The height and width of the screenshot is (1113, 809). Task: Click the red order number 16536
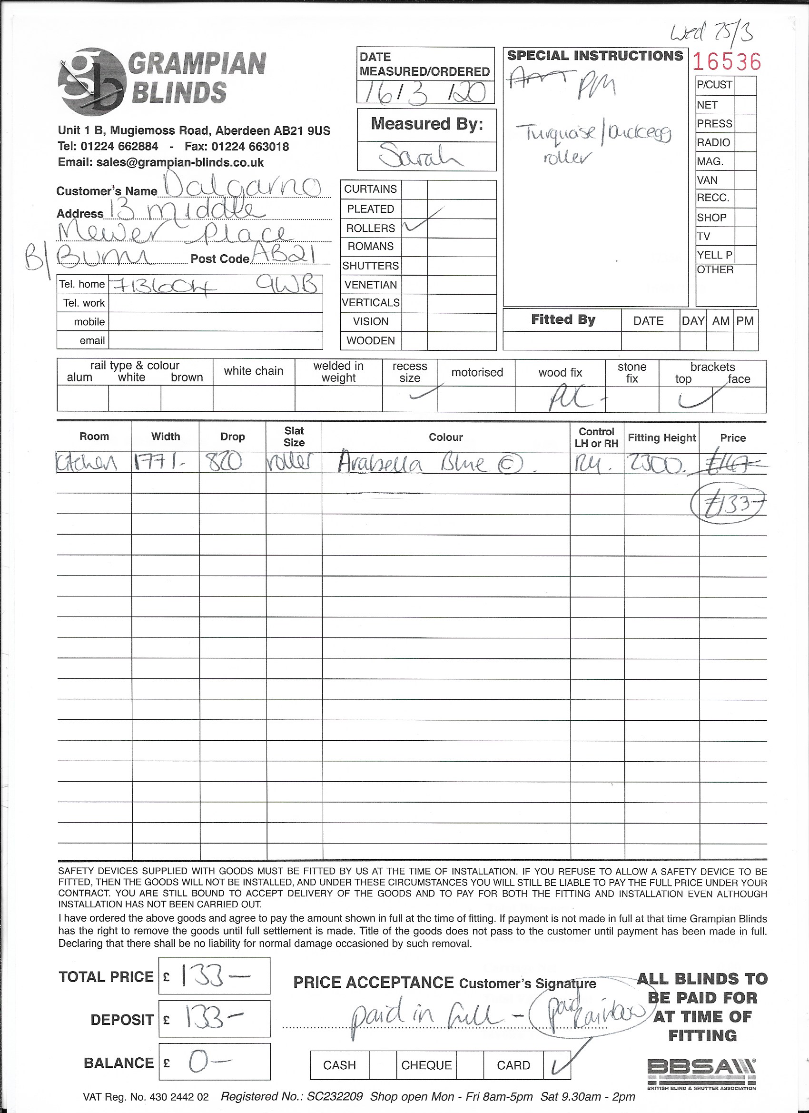pyautogui.click(x=727, y=62)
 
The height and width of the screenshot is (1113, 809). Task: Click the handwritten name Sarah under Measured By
pyautogui.click(x=421, y=156)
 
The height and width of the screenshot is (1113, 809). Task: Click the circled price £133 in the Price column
pyautogui.click(x=728, y=505)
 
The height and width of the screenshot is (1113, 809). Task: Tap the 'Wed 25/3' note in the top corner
pyautogui.click(x=711, y=33)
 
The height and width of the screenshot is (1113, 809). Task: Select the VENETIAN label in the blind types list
pyautogui.click(x=370, y=285)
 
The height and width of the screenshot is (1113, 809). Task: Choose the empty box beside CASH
pyautogui.click(x=382, y=1065)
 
